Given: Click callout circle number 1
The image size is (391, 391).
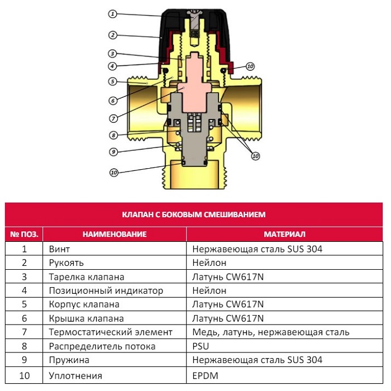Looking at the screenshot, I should pos(112,13).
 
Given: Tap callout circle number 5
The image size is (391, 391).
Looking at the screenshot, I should pos(112,82).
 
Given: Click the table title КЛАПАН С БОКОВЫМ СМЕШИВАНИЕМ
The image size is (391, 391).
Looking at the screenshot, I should pos(194,214).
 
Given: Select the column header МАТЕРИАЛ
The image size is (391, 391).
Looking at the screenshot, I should pos(284,234).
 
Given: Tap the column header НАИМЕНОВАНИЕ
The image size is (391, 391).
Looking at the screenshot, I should pos(115,234).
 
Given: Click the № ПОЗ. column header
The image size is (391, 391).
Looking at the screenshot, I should pos(24,234).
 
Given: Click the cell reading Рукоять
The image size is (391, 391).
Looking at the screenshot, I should pos(63,263).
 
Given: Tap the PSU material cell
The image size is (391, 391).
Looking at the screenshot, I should pos(201,346).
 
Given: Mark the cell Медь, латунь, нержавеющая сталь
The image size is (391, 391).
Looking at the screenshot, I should pos(270,332).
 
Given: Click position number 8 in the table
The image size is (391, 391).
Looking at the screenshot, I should pos(24,346).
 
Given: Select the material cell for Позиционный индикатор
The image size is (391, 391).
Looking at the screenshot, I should pos(209,290).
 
